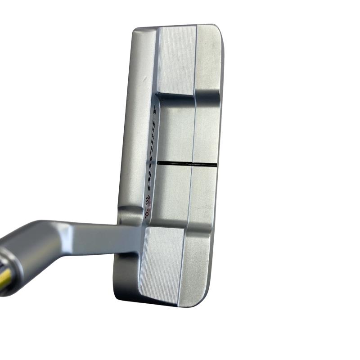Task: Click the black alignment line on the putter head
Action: tap(187, 163)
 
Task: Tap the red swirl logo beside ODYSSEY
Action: tap(148, 206)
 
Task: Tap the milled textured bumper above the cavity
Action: tap(177, 59)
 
